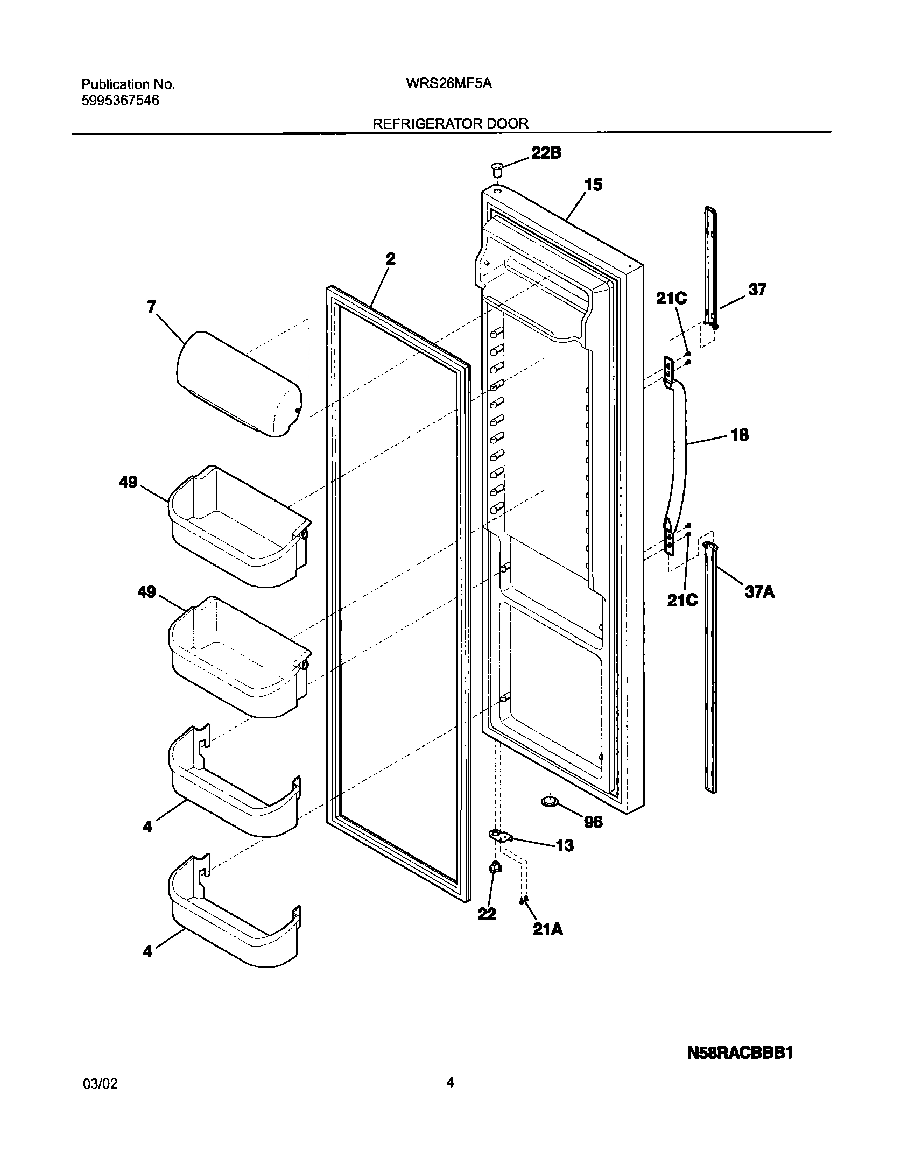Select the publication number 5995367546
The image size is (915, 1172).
pyautogui.click(x=120, y=101)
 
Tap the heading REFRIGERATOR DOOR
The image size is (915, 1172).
pyautogui.click(x=451, y=124)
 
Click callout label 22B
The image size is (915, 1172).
pyautogui.click(x=546, y=153)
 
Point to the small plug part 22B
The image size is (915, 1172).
pyautogui.click(x=496, y=170)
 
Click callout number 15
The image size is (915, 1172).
pyautogui.click(x=594, y=185)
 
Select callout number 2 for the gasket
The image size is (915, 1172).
pyautogui.click(x=391, y=259)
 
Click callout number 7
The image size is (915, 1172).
pyautogui.click(x=151, y=307)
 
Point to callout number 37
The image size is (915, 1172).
pyautogui.click(x=757, y=290)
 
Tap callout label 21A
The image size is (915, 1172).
pyautogui.click(x=548, y=929)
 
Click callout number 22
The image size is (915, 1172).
pyautogui.click(x=487, y=914)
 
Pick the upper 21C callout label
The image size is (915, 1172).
pyautogui.click(x=671, y=299)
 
